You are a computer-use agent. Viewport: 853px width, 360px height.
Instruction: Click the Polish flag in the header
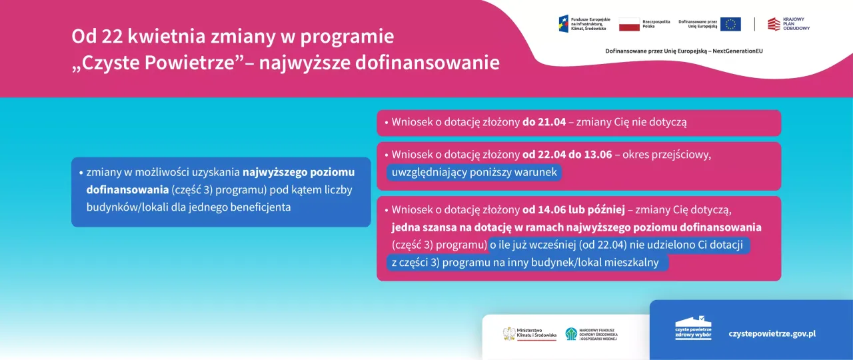click(x=629, y=24)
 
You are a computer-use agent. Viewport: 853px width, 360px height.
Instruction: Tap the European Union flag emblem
click(x=730, y=24)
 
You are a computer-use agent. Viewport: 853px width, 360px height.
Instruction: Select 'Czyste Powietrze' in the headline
click(x=157, y=63)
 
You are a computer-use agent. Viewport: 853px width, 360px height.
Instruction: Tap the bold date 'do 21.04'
click(x=544, y=123)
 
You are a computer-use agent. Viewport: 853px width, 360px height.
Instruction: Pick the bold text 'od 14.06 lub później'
click(x=573, y=210)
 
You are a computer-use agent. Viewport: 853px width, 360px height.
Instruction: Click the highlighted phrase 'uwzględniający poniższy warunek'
click(x=474, y=173)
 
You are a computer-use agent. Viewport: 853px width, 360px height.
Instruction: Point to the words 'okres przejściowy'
click(x=667, y=155)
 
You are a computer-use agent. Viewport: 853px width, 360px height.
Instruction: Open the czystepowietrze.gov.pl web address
click(x=772, y=333)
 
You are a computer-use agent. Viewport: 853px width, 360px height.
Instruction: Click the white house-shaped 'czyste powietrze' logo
click(x=693, y=328)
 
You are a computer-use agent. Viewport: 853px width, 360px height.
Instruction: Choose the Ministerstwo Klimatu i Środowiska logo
click(x=529, y=333)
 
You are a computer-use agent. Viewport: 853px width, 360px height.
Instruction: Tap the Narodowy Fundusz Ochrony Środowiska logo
click(x=592, y=333)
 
